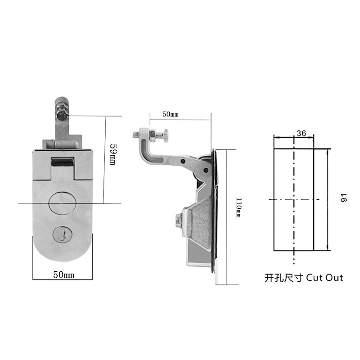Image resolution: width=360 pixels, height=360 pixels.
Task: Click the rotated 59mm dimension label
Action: click(113, 154)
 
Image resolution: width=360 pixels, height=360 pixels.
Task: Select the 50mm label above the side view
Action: click(170, 115)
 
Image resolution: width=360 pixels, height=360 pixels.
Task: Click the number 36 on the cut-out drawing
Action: click(301, 133)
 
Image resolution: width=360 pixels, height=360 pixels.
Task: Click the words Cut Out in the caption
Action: click(324, 277)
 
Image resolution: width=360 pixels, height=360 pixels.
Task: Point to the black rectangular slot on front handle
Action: click(62, 162)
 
